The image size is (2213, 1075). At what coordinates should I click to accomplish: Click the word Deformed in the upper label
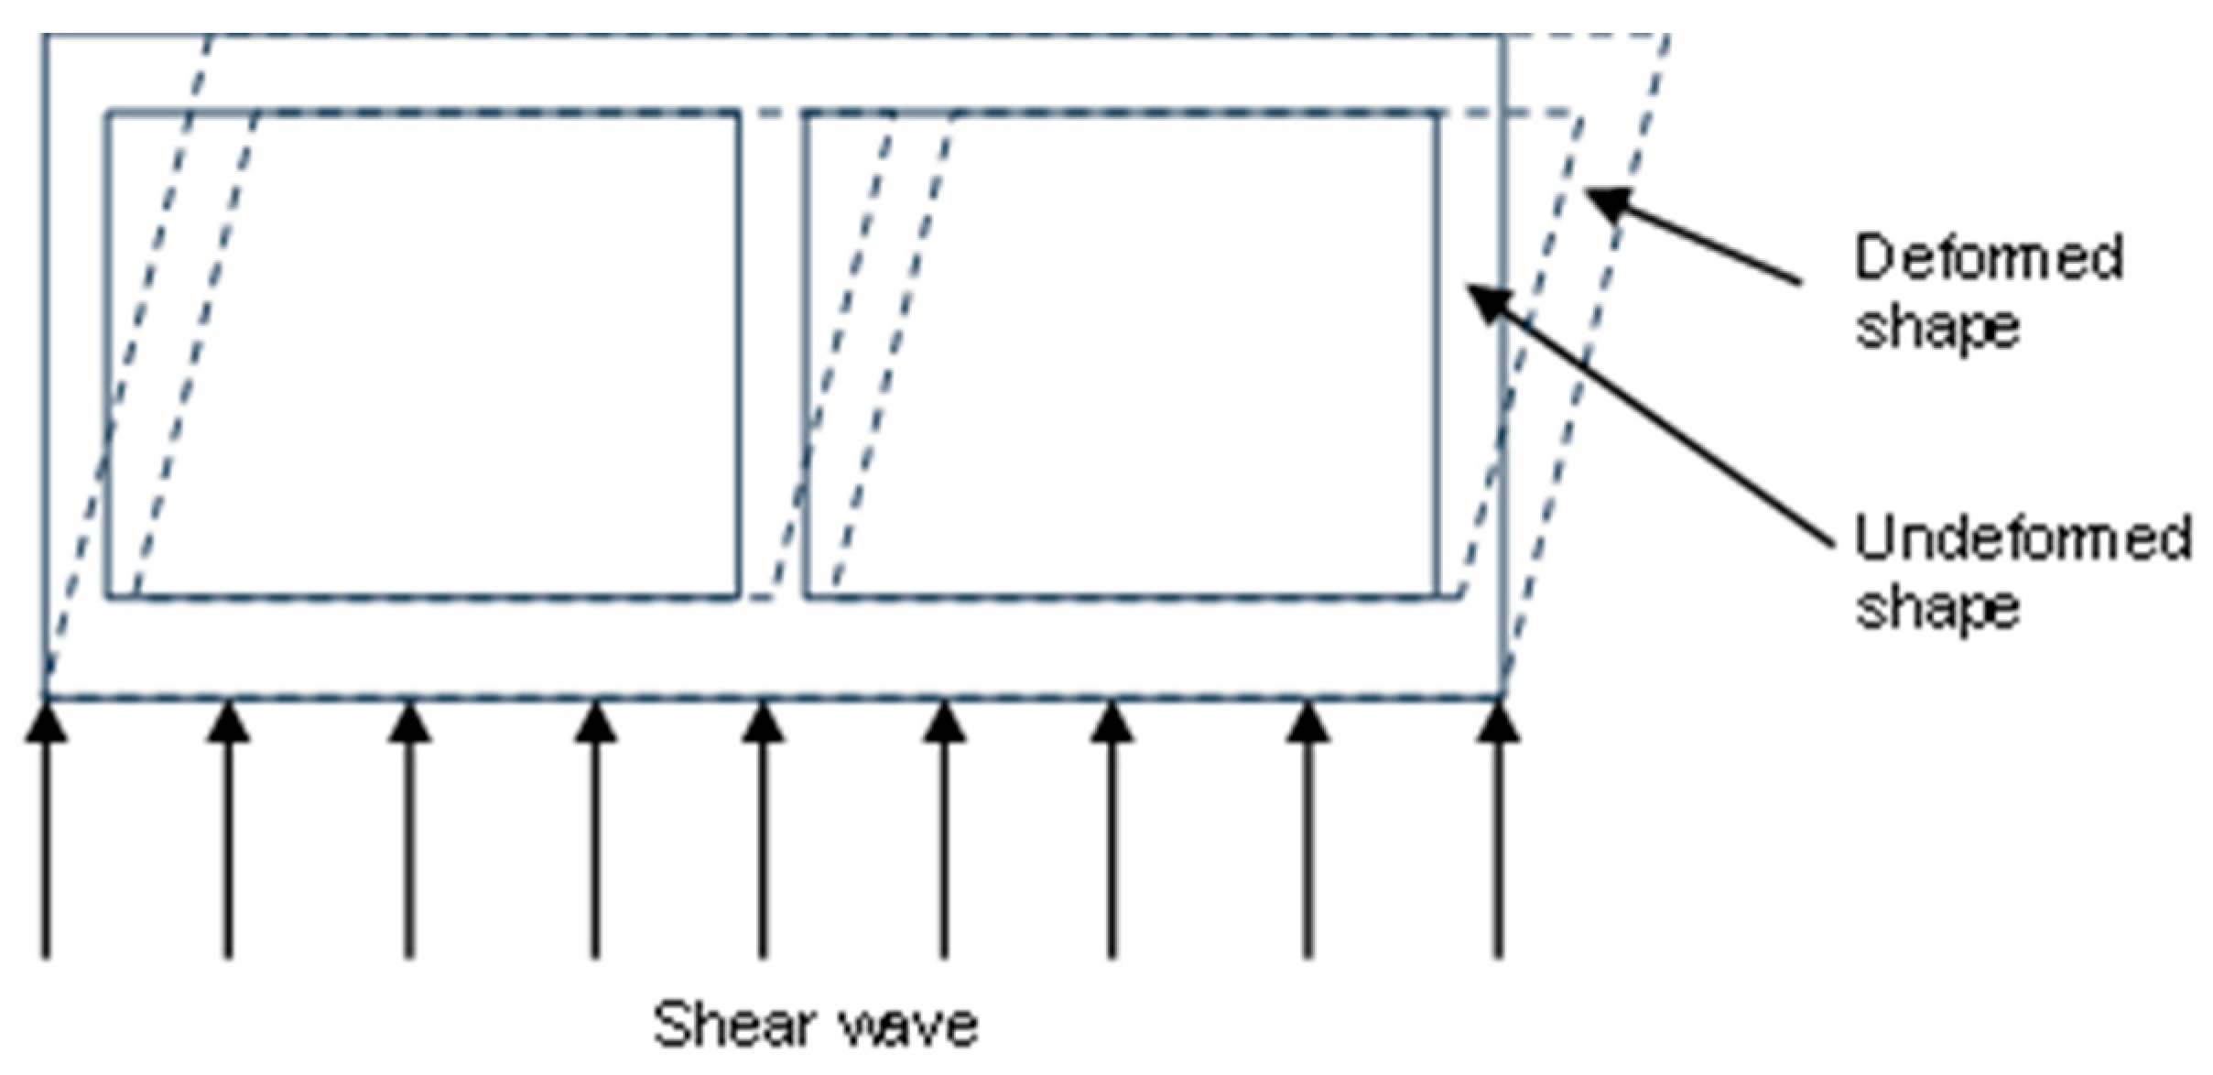click(1988, 257)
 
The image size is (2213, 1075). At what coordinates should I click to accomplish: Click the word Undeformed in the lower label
click(2023, 537)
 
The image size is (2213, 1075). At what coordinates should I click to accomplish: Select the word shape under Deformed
click(1936, 329)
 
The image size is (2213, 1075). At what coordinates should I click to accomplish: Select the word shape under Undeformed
click(1936, 609)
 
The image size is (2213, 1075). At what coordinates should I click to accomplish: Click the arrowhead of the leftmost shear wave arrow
click(46, 721)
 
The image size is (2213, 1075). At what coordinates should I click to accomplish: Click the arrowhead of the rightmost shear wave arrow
click(1498, 721)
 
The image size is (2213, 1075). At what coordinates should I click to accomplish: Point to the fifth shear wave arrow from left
click(763, 830)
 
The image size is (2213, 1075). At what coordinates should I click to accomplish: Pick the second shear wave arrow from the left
click(228, 830)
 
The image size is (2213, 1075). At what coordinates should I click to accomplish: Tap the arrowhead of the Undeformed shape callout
click(1488, 303)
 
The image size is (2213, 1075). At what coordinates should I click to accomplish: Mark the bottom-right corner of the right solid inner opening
click(1437, 597)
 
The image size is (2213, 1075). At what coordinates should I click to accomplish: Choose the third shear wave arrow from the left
click(409, 830)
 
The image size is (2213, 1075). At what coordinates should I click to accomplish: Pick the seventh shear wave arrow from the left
click(1112, 830)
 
